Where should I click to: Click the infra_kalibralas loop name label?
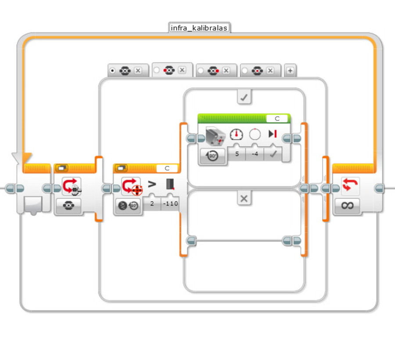pos(199,28)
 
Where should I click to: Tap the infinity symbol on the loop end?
pos(348,205)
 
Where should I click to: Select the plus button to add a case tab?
pos(290,71)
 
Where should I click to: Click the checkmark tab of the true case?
pos(244,97)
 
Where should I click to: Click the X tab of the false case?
pos(244,199)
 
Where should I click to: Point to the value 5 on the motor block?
pos(237,154)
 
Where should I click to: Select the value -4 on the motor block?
pos(255,154)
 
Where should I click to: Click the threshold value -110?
pos(171,203)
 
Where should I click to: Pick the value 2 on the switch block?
pos(152,203)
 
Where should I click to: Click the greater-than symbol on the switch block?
pos(152,184)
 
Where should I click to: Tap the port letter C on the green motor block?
pos(277,118)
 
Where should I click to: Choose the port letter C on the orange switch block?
pos(167,168)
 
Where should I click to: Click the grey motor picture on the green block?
pos(215,136)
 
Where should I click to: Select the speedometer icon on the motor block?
pos(236,134)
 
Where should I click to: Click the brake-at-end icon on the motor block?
pos(273,134)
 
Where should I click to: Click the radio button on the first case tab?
pos(112,71)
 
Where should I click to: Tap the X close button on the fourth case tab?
pos(270,71)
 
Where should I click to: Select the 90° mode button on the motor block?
pos(212,156)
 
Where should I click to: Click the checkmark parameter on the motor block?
pos(273,154)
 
